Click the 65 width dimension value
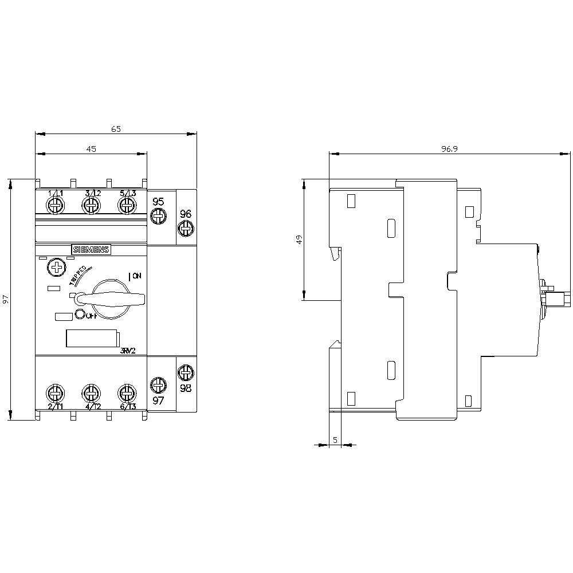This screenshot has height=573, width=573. click(x=116, y=129)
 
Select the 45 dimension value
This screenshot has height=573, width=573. click(x=91, y=149)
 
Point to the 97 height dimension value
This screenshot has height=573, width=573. click(x=6, y=300)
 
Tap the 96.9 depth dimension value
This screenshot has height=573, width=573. click(x=450, y=149)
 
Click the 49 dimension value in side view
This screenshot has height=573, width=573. click(x=299, y=240)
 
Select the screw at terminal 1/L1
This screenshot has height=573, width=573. click(x=56, y=206)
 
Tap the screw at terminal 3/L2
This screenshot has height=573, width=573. click(x=91, y=206)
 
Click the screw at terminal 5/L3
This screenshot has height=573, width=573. click(x=127, y=206)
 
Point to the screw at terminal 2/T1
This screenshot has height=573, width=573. click(x=55, y=393)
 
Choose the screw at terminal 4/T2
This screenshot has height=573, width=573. click(x=91, y=393)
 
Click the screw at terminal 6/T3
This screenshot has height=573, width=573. click(x=126, y=393)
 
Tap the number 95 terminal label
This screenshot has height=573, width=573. click(x=158, y=201)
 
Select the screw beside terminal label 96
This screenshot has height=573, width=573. click(x=186, y=228)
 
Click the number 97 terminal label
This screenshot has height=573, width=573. click(x=158, y=401)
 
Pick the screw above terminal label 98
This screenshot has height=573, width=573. click(x=186, y=373)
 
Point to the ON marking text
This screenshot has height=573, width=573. click(x=136, y=276)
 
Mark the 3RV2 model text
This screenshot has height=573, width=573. click(x=128, y=351)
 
